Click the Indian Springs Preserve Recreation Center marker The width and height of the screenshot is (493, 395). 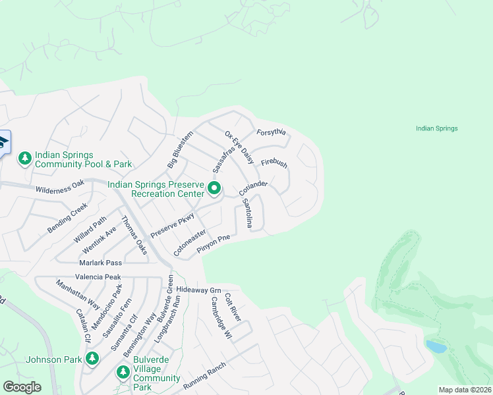coord(214,189)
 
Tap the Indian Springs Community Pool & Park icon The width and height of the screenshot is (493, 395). coord(25,159)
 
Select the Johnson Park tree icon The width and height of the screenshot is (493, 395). coord(92,359)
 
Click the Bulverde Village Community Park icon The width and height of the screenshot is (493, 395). coord(123,372)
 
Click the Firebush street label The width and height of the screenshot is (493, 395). coord(274,163)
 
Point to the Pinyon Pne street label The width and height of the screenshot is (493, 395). coord(213,247)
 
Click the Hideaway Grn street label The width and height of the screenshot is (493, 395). coord(198,290)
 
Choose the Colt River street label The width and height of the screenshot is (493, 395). coord(233,308)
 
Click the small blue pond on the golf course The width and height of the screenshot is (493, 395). coord(435,346)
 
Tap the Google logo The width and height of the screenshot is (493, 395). coord(22,387)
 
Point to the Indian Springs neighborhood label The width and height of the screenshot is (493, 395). coord(436,128)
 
